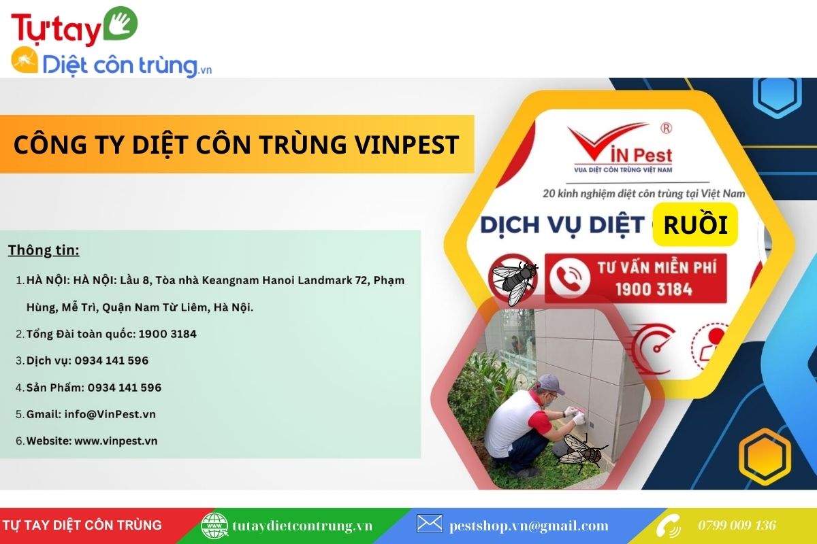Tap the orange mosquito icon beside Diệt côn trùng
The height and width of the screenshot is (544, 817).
[25, 60]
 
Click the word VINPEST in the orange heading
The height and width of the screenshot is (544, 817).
[407, 145]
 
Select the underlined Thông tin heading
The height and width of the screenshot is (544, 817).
[44, 250]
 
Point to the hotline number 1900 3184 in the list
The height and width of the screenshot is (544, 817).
[167, 334]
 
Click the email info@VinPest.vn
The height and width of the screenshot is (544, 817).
[110, 414]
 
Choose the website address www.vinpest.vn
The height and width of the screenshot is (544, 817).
[116, 441]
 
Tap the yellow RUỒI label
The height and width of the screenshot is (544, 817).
[695, 224]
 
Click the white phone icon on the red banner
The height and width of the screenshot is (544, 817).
[569, 278]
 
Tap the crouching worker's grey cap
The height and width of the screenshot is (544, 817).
[551, 384]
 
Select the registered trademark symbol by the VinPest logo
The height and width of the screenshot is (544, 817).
[666, 129]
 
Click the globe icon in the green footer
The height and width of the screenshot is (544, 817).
[214, 526]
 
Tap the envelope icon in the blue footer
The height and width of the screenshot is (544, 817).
[430, 523]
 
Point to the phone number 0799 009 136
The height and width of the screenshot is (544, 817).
[737, 526]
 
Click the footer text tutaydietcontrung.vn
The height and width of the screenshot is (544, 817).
[302, 526]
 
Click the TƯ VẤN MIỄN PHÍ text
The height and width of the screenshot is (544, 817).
[656, 267]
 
